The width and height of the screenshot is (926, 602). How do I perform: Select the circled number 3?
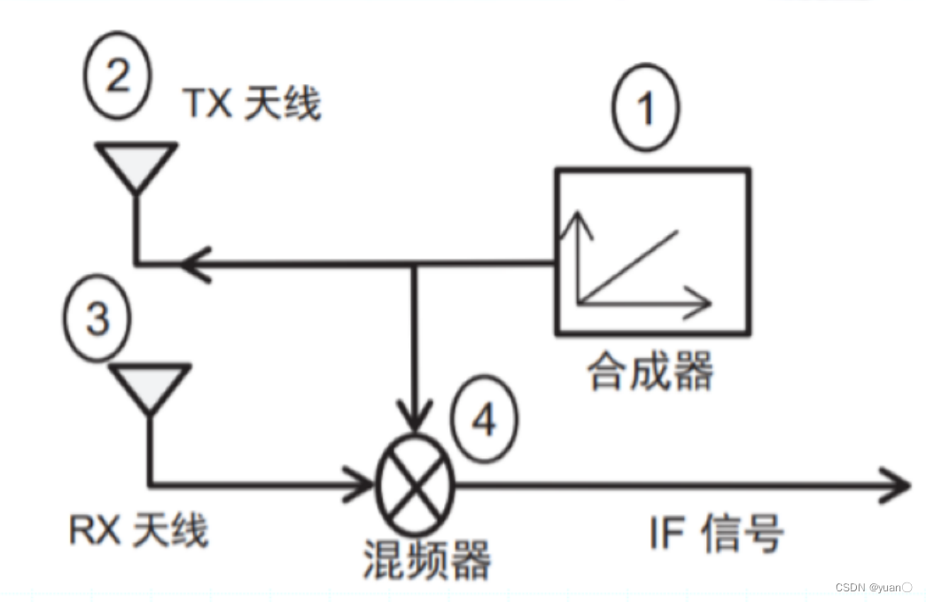(x=97, y=317)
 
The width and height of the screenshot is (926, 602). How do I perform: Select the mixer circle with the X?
(x=415, y=484)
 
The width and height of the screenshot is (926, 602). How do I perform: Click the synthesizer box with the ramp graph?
(x=652, y=252)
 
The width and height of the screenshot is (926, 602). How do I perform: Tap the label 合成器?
(x=650, y=372)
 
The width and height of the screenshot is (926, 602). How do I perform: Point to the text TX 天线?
(x=252, y=105)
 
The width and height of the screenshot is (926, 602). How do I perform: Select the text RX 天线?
(x=138, y=530)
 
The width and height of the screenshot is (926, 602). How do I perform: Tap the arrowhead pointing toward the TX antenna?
(x=193, y=263)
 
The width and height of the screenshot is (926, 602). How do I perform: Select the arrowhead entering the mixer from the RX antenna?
(x=359, y=484)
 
